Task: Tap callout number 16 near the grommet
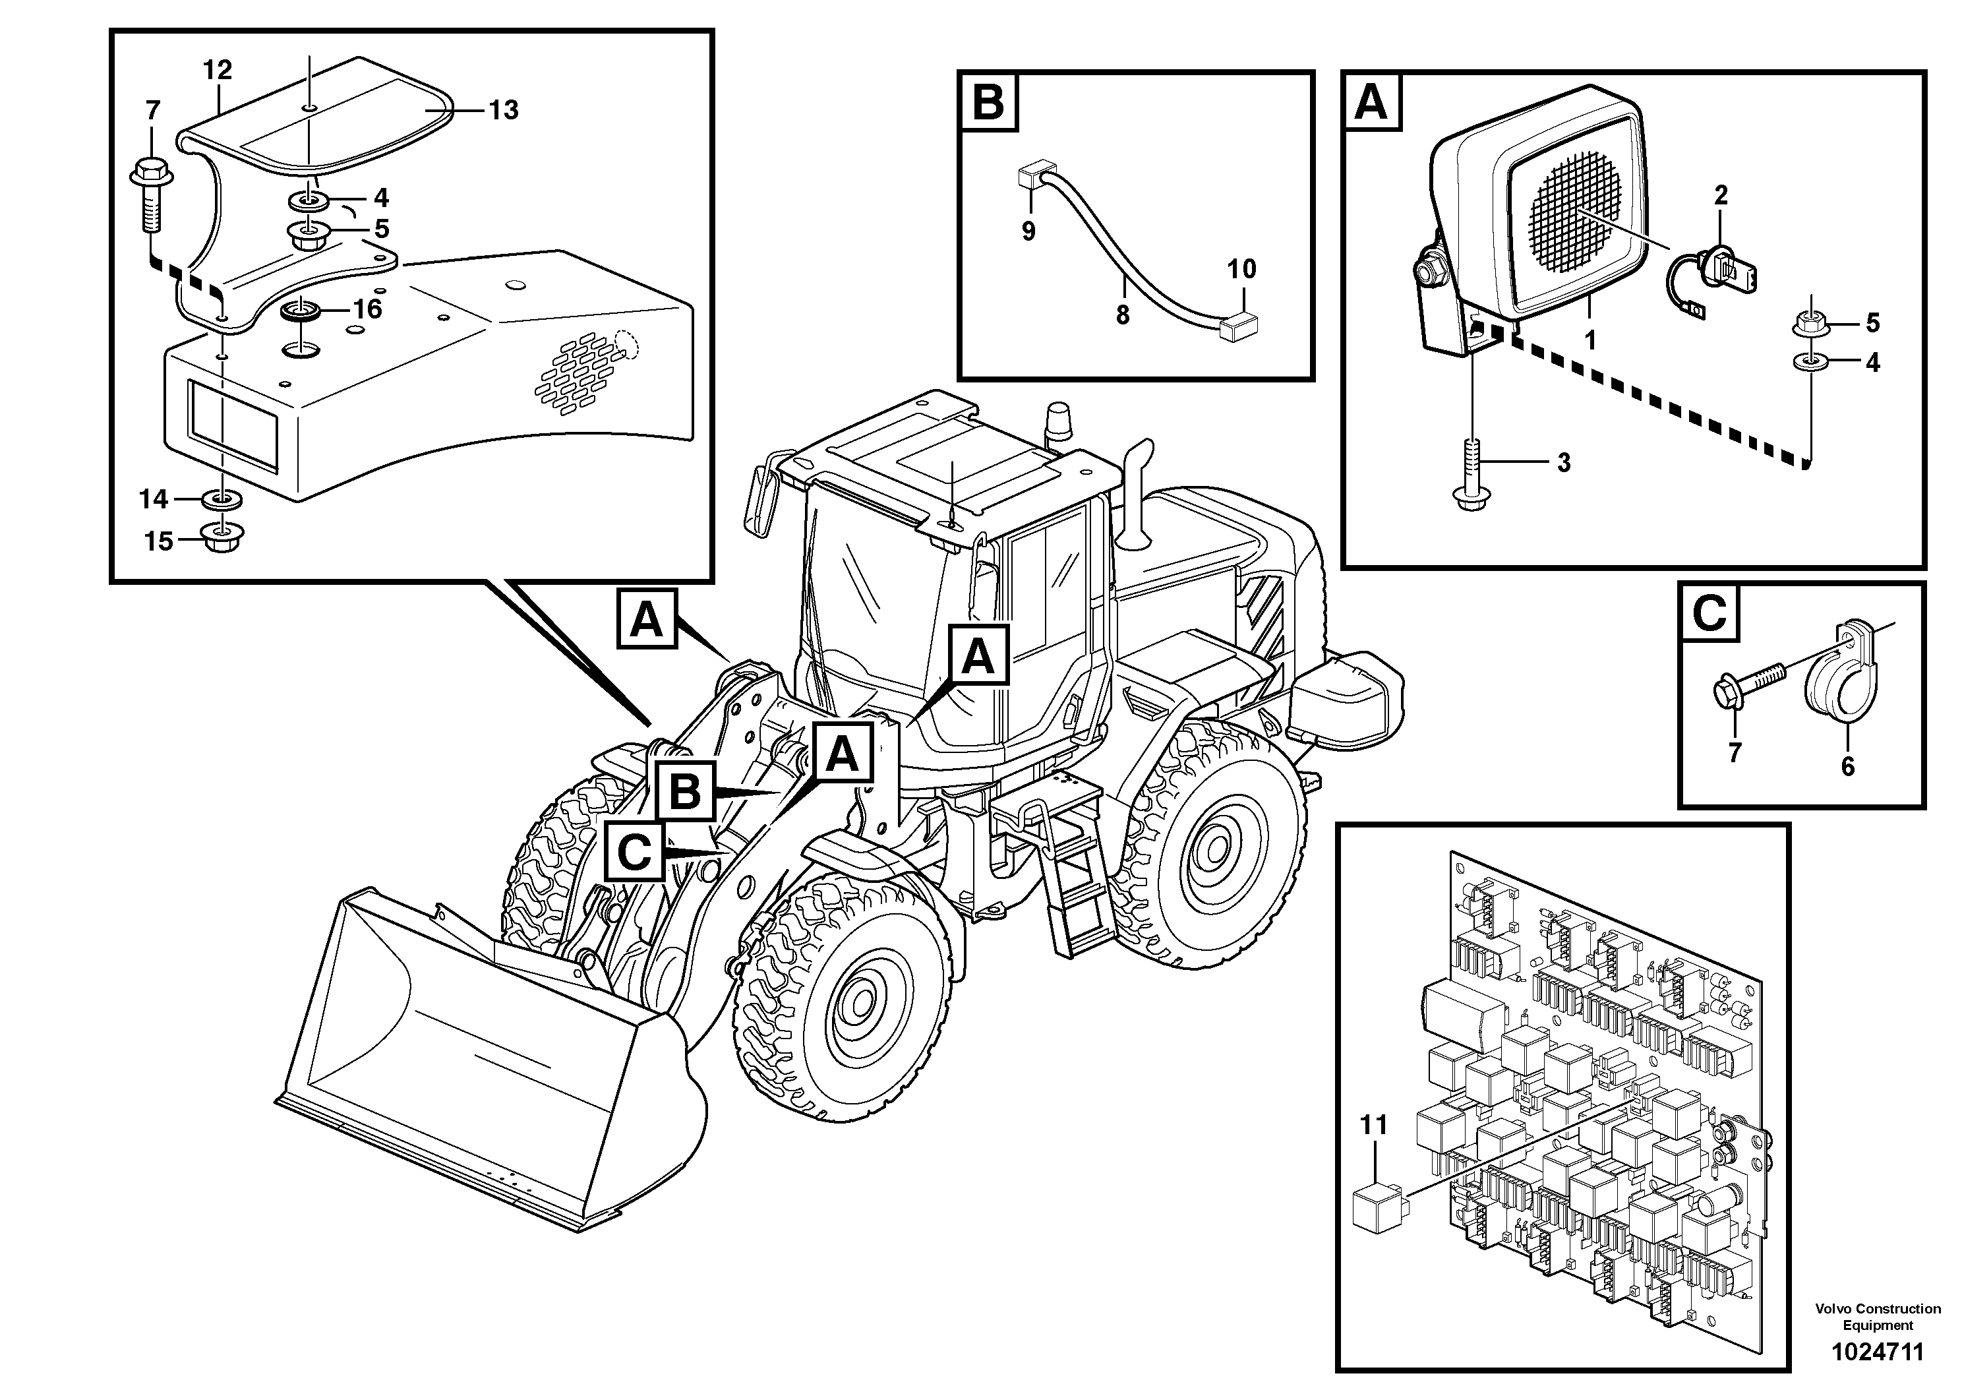click(367, 309)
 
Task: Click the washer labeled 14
click(222, 498)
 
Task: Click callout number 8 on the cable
click(1122, 315)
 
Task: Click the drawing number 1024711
click(1876, 1352)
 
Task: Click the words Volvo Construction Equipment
click(1876, 1317)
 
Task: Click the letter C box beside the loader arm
click(635, 851)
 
